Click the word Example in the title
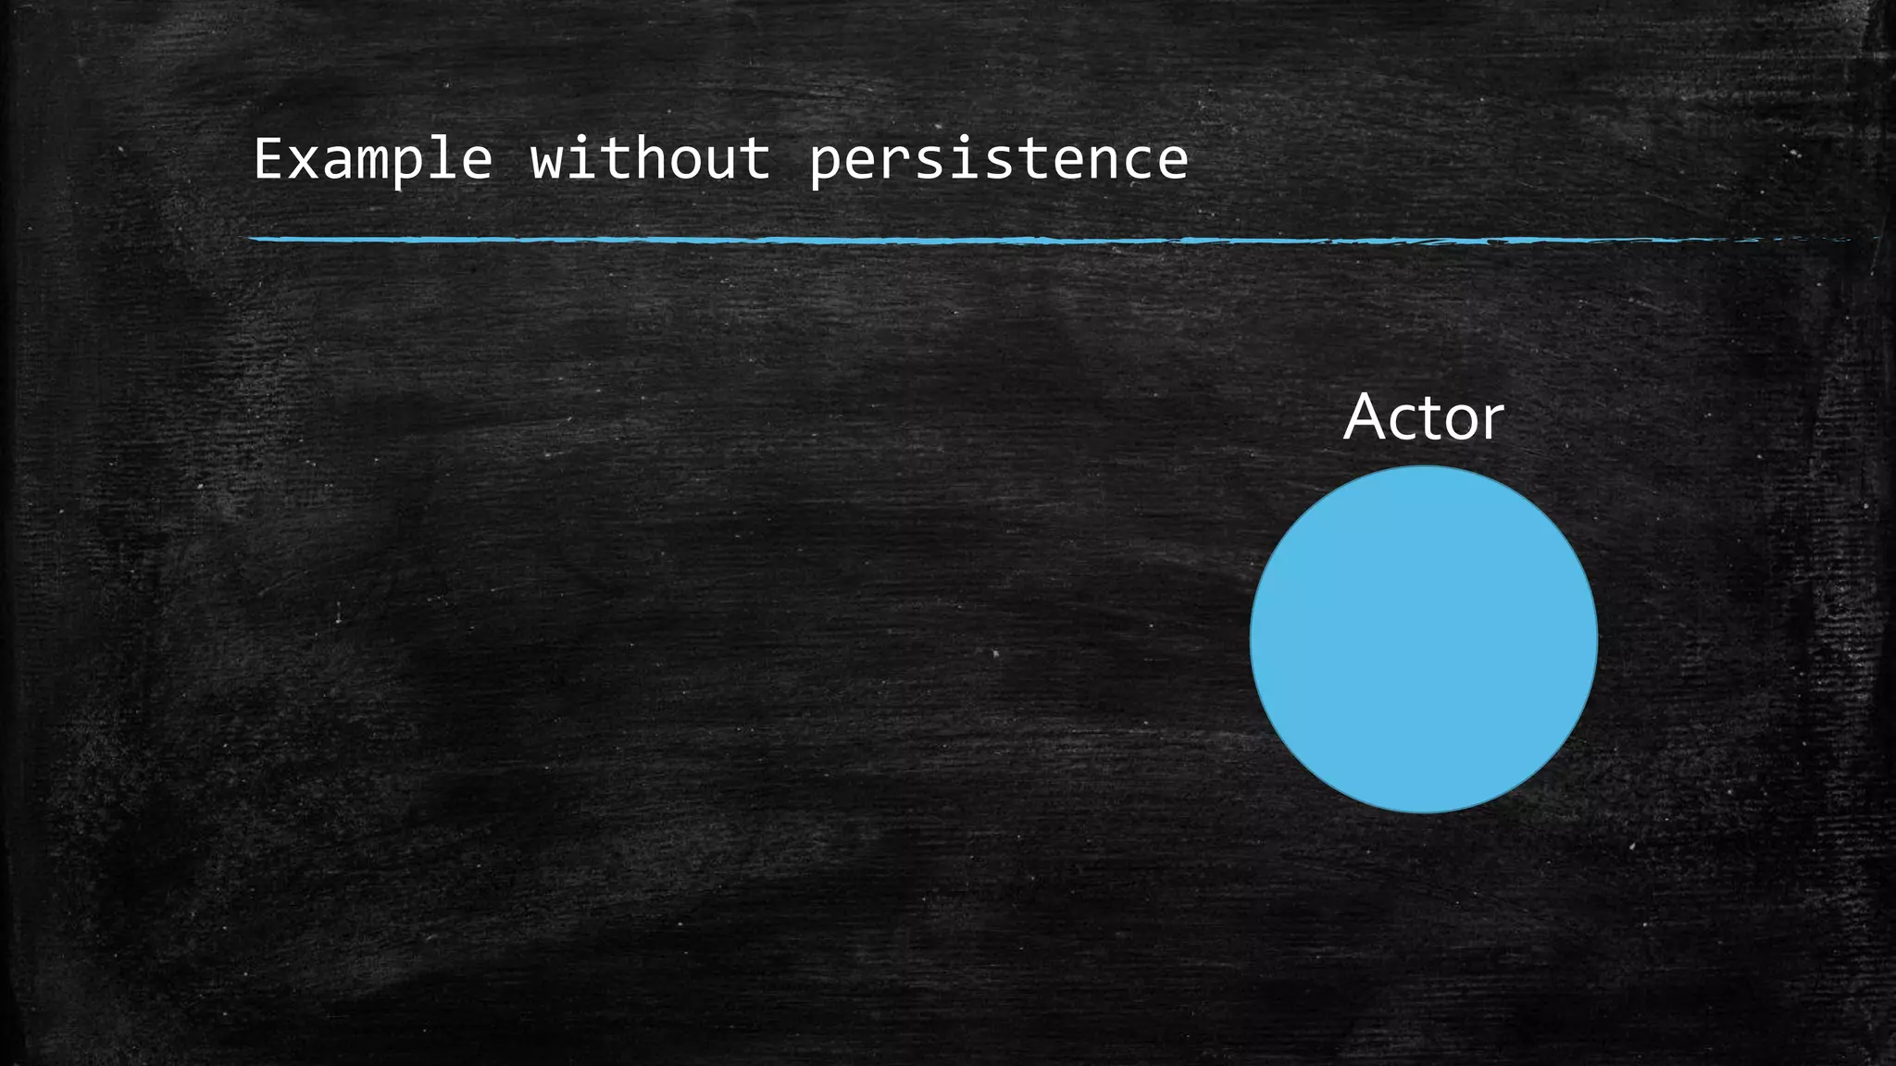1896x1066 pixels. point(372,159)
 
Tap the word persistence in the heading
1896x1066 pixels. point(998,159)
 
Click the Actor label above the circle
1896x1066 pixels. point(1423,417)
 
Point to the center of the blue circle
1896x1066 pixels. point(1423,639)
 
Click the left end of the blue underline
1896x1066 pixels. point(253,240)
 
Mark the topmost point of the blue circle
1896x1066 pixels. point(1423,466)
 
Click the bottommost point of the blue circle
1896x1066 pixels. point(1423,812)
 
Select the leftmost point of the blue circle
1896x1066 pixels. point(1251,639)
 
